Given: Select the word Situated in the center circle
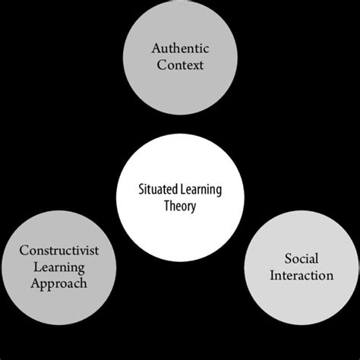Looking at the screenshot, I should [x=156, y=189].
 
